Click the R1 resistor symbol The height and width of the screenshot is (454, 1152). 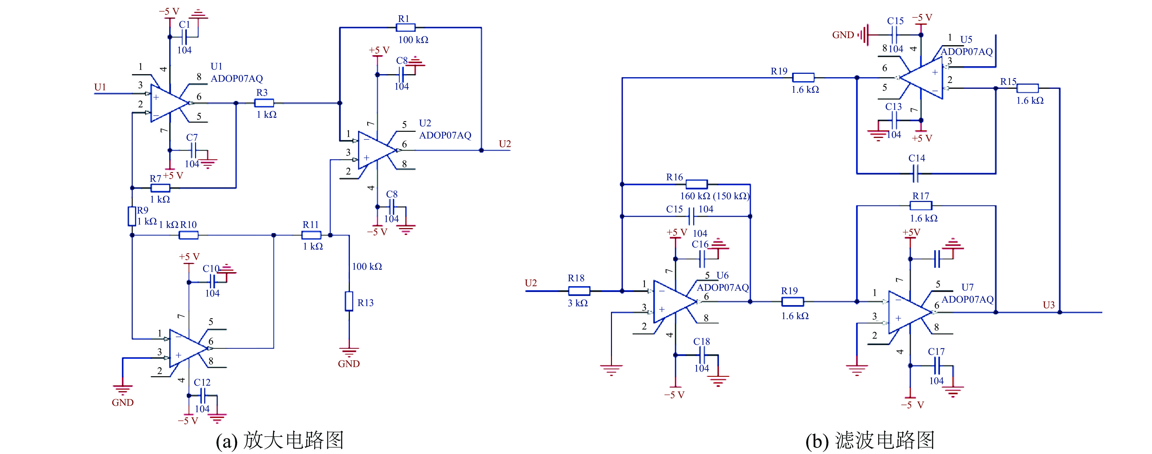coord(406,28)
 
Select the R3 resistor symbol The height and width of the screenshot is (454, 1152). coord(264,103)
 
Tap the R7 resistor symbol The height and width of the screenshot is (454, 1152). coord(160,188)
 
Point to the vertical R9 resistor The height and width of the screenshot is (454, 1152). coord(132,216)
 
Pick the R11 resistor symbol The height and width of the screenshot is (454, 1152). coord(311,235)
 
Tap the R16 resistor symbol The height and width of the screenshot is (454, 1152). coord(697,184)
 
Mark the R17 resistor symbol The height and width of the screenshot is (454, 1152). coord(921,206)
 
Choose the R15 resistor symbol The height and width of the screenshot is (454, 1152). coord(1028,88)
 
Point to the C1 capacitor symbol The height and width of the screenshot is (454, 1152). coord(184,37)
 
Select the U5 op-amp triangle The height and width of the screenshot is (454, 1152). coord(921,78)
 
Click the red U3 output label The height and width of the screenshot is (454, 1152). coord(1049,305)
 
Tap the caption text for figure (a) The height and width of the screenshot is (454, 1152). coord(280,440)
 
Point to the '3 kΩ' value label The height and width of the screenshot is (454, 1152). coord(578,303)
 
